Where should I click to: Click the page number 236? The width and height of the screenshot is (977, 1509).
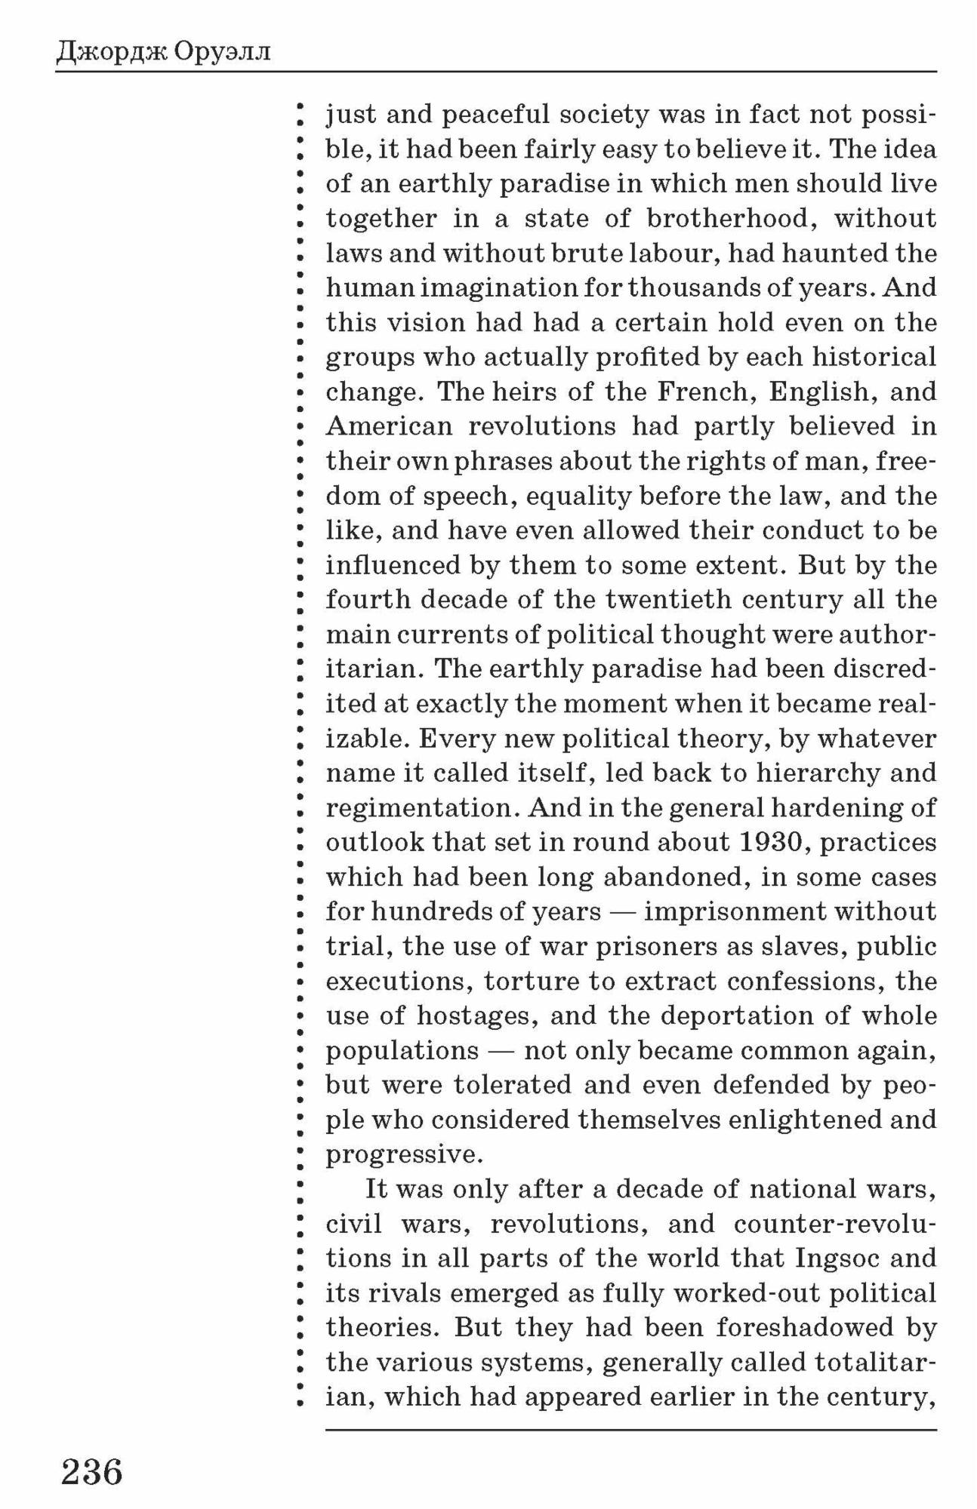91,1472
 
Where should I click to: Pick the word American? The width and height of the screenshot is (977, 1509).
389,426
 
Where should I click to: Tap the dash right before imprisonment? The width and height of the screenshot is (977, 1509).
623,911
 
